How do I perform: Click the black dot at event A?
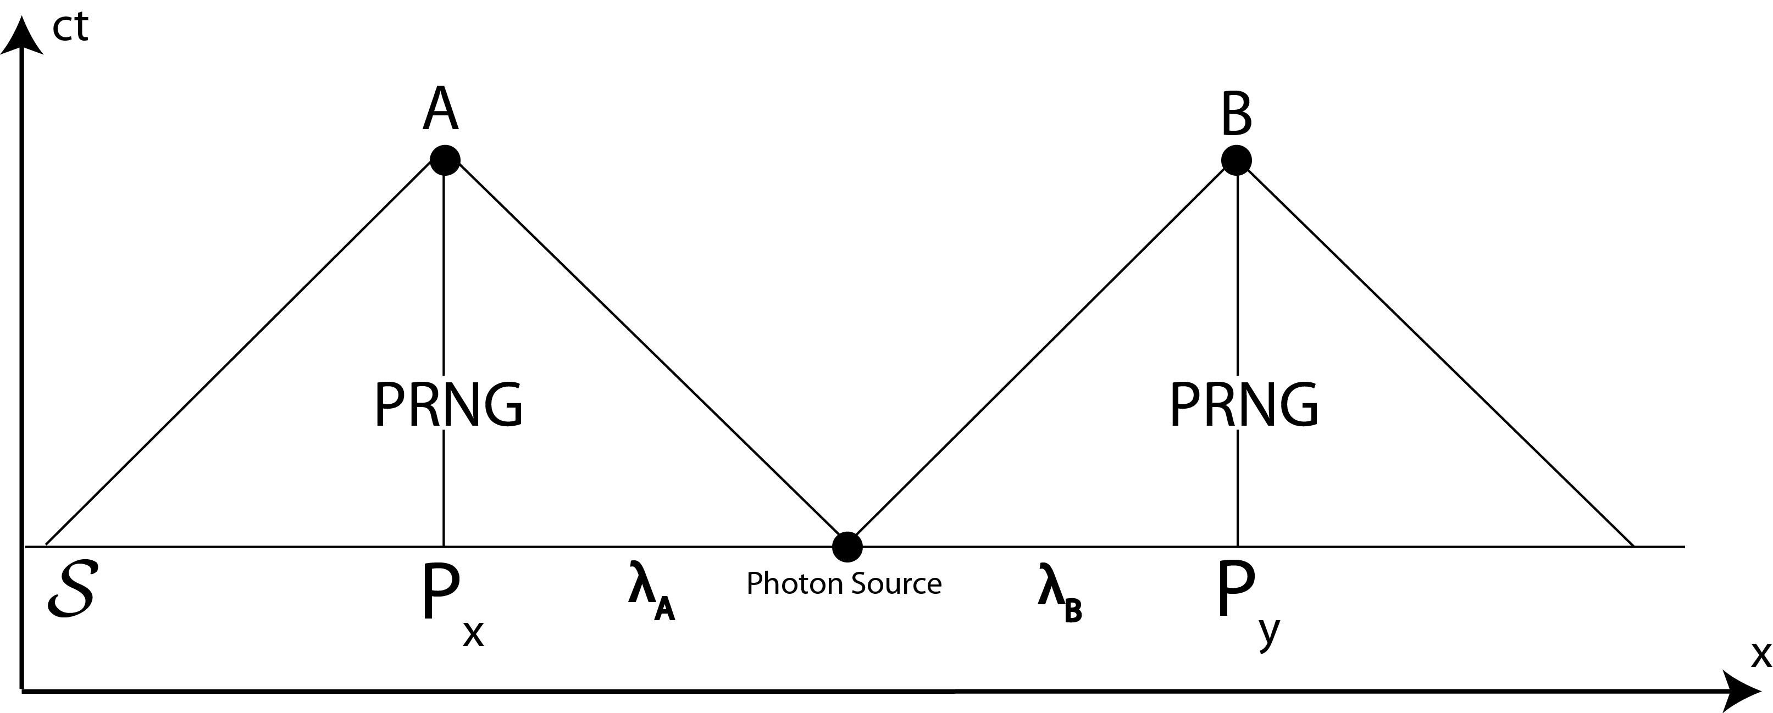pos(445,160)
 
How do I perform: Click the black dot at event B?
pos(1236,160)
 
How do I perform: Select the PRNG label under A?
pos(448,405)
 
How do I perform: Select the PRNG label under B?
pos(1244,405)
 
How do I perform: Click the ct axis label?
pos(70,27)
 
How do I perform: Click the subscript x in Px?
pos(474,633)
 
